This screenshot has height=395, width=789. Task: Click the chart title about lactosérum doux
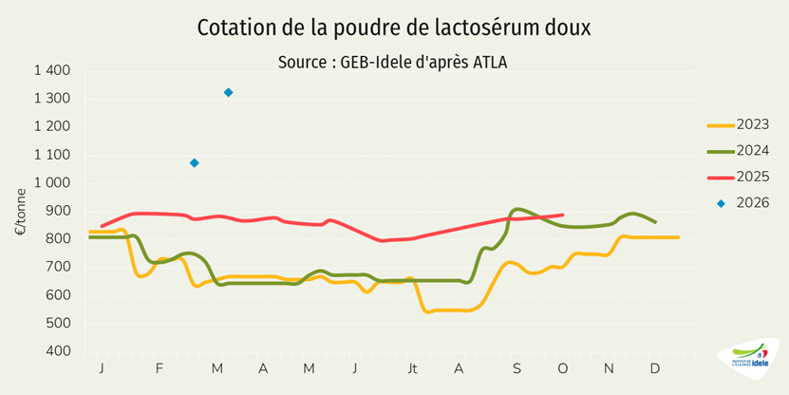pyautogui.click(x=393, y=28)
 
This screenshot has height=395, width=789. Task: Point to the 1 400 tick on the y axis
pyautogui.click(x=52, y=71)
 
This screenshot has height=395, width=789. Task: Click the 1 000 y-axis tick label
pyautogui.click(x=52, y=183)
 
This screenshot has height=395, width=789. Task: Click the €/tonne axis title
pyautogui.click(x=20, y=212)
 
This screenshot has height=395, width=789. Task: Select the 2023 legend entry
pyautogui.click(x=737, y=125)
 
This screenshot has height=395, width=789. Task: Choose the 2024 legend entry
pyautogui.click(x=737, y=150)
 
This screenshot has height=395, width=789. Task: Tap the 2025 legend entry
pyautogui.click(x=737, y=176)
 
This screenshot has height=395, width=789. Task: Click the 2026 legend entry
pyautogui.click(x=737, y=201)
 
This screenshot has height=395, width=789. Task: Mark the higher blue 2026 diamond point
pyautogui.click(x=229, y=92)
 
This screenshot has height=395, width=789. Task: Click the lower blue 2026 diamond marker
pyautogui.click(x=195, y=163)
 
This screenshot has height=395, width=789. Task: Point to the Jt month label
pyautogui.click(x=412, y=368)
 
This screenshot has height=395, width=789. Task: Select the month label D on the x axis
pyautogui.click(x=654, y=368)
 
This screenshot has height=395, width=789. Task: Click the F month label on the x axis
pyautogui.click(x=160, y=368)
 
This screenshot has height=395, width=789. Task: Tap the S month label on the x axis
pyautogui.click(x=517, y=368)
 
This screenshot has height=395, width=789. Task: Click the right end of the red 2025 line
pyautogui.click(x=563, y=215)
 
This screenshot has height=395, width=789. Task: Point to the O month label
pyautogui.click(x=563, y=368)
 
